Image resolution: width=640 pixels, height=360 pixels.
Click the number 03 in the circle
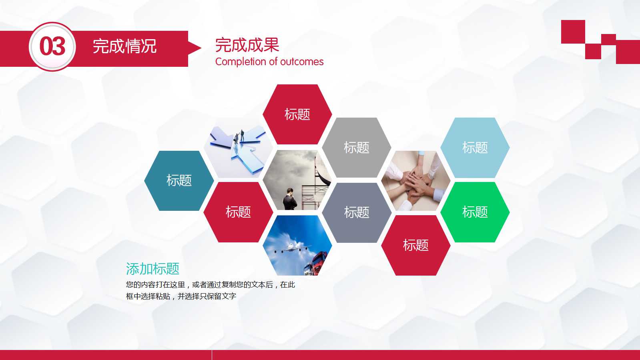(x=52, y=46)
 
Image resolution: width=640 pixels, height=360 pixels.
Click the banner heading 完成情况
(x=124, y=46)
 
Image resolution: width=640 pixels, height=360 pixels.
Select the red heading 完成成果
(x=247, y=45)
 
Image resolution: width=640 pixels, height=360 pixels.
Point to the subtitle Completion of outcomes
(x=269, y=62)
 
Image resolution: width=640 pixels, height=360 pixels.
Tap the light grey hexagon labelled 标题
(x=356, y=148)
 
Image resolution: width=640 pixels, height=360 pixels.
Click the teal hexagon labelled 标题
(x=179, y=180)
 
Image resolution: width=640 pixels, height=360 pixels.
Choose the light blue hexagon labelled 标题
(x=475, y=148)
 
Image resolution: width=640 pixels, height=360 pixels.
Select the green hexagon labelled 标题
(x=475, y=212)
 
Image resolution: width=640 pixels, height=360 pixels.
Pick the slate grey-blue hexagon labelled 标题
(x=356, y=212)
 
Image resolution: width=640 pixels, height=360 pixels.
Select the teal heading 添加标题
(x=152, y=269)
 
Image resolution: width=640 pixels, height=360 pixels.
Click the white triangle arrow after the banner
(x=195, y=48)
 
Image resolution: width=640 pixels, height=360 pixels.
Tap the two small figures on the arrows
(x=239, y=137)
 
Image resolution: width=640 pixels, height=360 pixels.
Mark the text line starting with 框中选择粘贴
(x=181, y=296)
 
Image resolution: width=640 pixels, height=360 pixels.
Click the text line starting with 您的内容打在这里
(x=210, y=285)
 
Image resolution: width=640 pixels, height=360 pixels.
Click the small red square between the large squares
(x=608, y=40)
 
